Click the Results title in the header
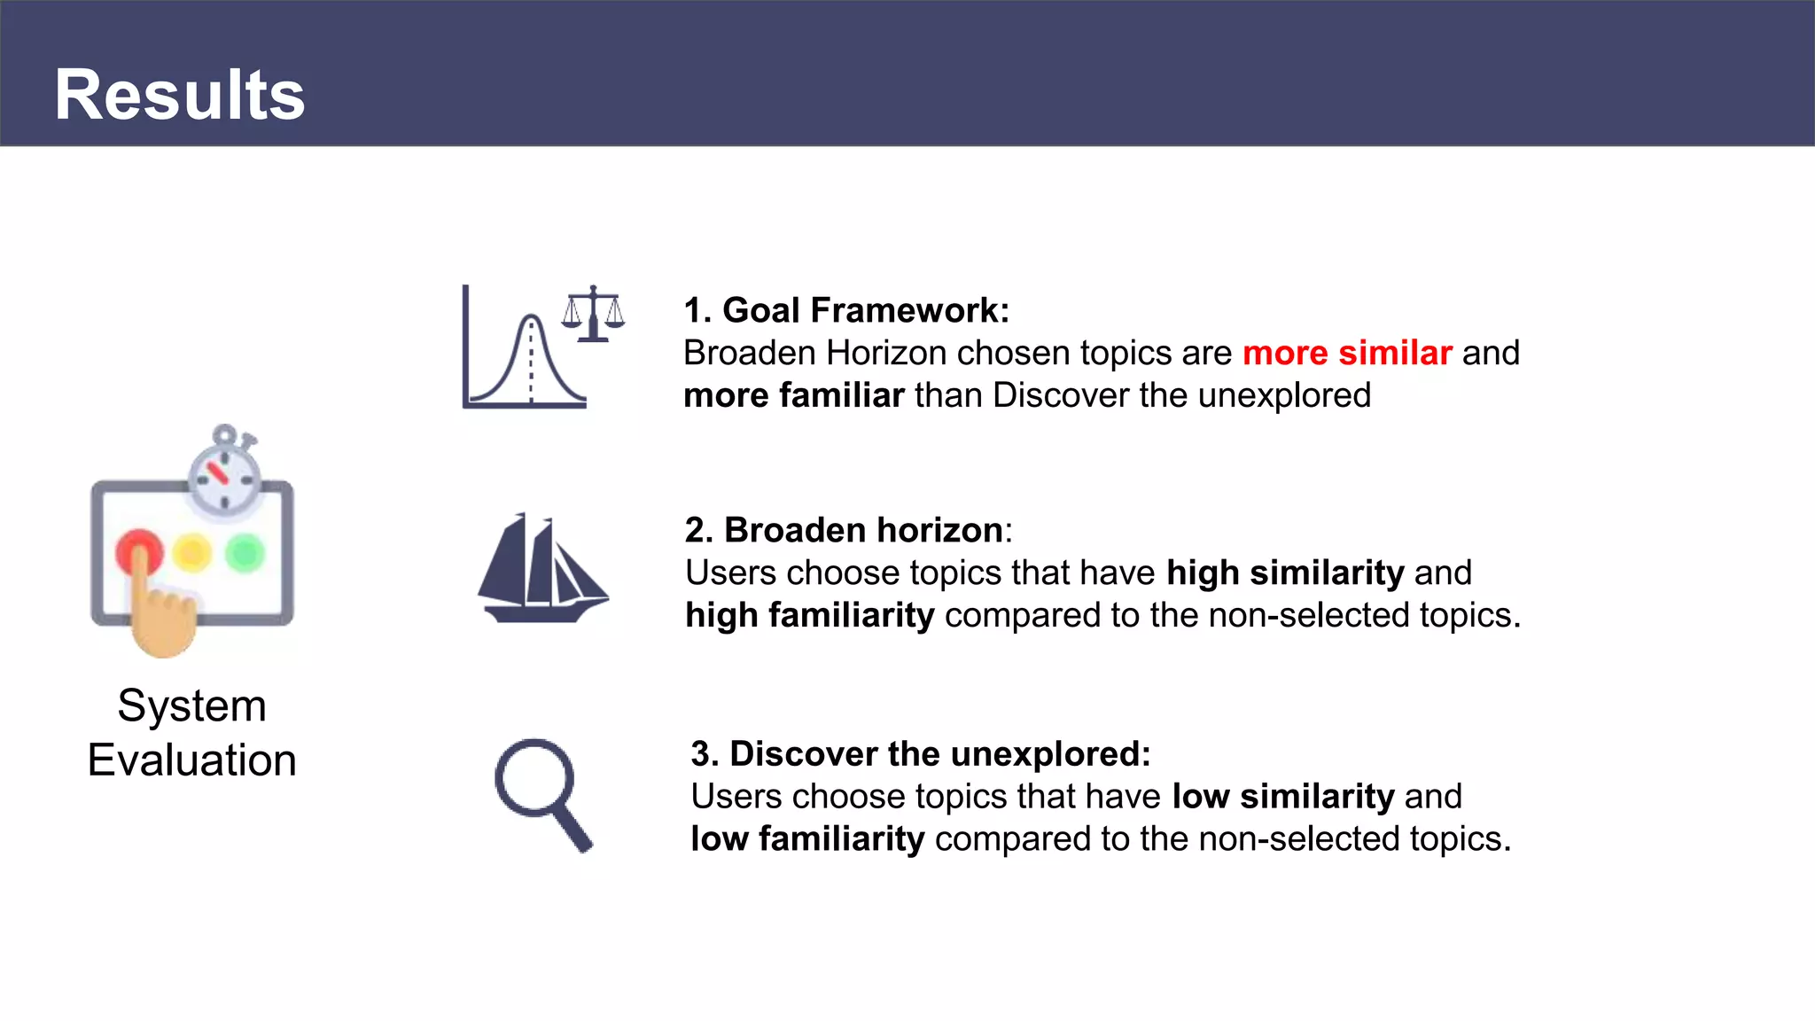point(180,95)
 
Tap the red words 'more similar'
point(1347,353)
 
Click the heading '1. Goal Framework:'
point(846,310)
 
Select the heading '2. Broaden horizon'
point(844,530)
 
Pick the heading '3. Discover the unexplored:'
point(920,754)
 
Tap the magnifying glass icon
point(541,793)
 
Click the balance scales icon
point(593,314)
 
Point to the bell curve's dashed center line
point(531,363)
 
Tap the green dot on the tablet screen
point(245,553)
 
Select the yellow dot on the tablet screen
point(192,553)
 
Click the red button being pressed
point(138,551)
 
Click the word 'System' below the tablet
point(191,706)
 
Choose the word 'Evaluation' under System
point(191,760)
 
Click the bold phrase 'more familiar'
point(794,395)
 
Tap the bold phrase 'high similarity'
point(1285,573)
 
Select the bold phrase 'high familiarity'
point(810,615)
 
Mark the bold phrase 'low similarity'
point(1282,797)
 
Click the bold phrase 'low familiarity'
point(807,839)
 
